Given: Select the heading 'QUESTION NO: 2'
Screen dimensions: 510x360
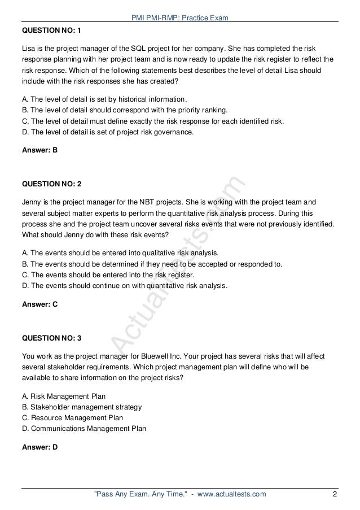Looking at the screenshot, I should tap(51, 185).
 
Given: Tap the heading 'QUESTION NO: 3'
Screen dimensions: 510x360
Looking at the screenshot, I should tap(51, 338).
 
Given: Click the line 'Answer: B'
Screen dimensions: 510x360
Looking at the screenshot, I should tap(39, 151).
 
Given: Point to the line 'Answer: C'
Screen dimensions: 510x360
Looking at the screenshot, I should tap(39, 304).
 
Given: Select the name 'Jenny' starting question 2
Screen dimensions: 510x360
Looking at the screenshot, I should tap(32, 204).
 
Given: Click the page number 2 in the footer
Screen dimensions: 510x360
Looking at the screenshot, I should tap(335, 495).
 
